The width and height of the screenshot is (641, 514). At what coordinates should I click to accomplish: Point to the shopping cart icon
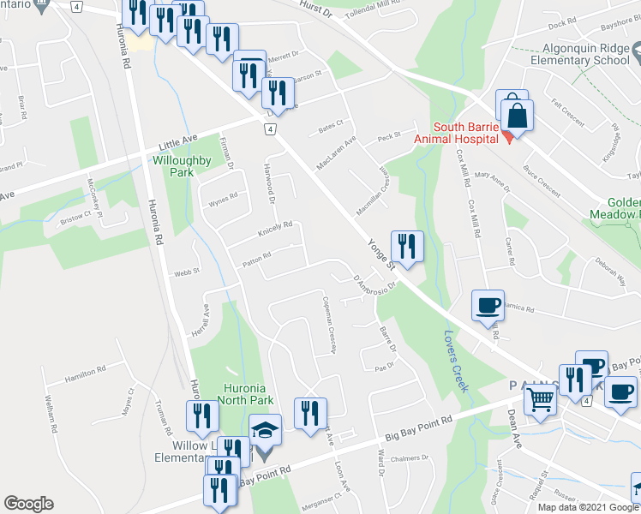point(540,399)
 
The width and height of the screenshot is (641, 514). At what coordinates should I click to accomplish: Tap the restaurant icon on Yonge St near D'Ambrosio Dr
point(406,246)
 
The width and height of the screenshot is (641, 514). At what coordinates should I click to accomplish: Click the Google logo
point(28,504)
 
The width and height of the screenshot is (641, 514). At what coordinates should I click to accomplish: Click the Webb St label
point(187,272)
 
